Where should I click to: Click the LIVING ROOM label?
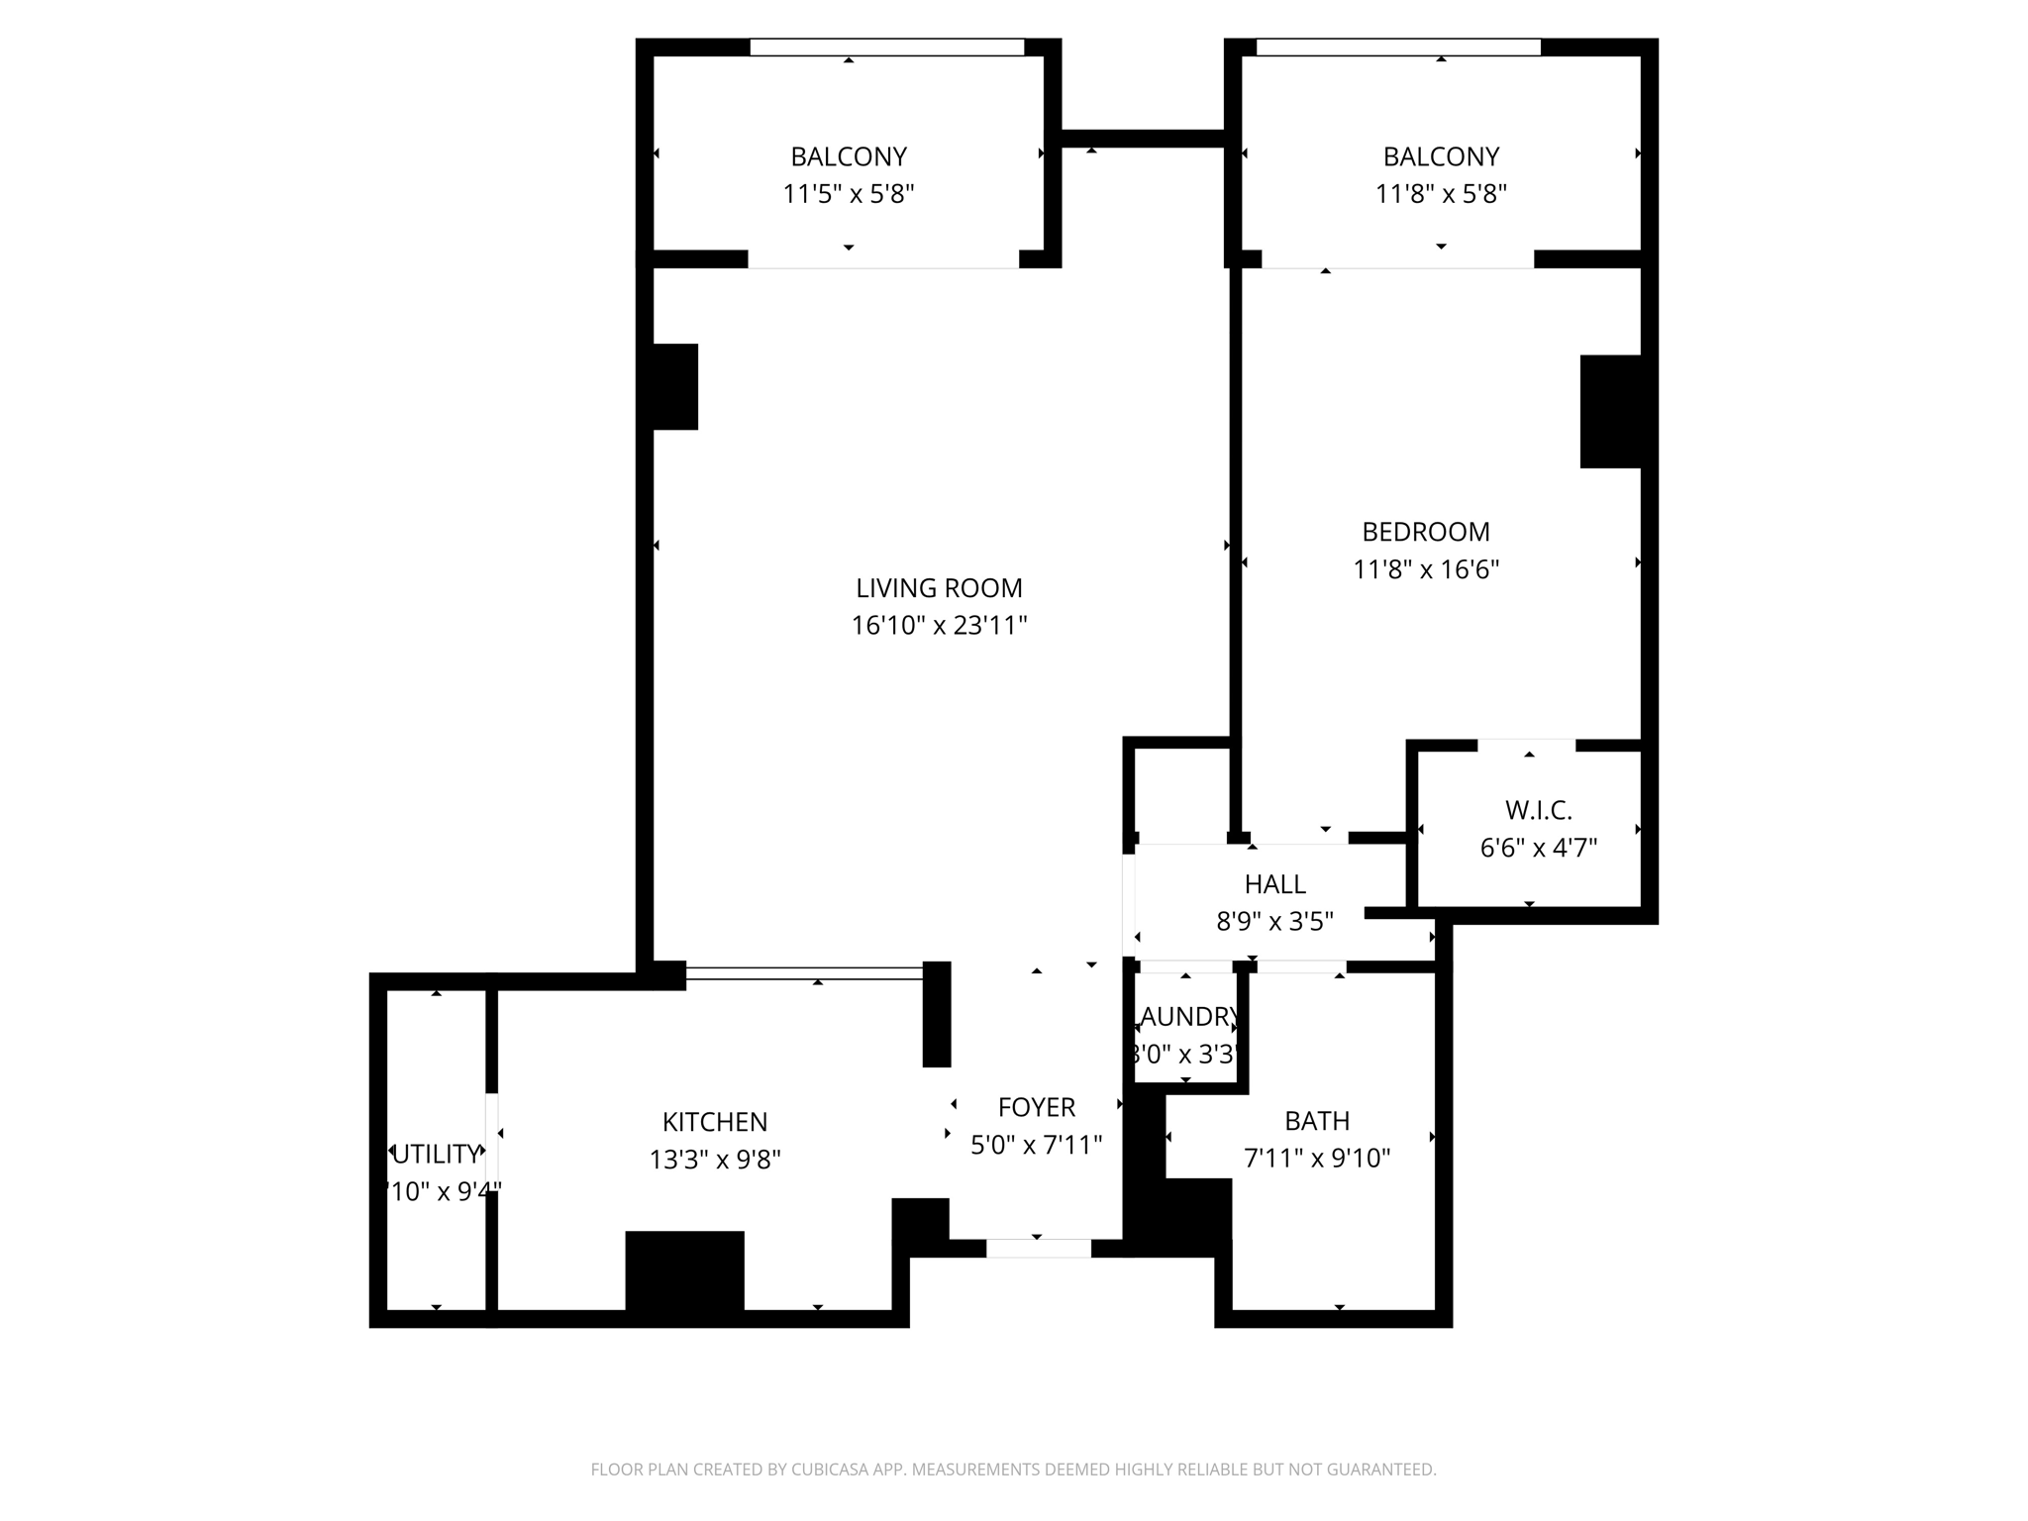coord(939,588)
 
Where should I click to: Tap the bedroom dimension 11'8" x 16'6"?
coord(1426,569)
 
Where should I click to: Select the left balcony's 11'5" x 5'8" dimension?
coord(848,194)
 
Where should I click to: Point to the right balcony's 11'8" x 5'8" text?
coord(1441,194)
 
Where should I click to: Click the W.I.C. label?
coord(1538,810)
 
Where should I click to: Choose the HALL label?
coord(1274,883)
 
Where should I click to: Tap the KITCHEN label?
coord(714,1122)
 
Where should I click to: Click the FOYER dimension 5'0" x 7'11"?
coord(1036,1145)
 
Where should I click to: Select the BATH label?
coord(1317,1121)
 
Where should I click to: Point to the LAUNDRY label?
coord(1186,1017)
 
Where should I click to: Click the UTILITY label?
coord(436,1154)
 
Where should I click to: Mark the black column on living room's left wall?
coord(675,386)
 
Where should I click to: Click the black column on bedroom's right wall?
coord(1610,411)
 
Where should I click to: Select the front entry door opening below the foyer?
coord(1038,1249)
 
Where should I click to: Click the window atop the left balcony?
coord(886,48)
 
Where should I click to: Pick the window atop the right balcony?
coord(1397,48)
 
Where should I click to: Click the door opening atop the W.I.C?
coord(1526,745)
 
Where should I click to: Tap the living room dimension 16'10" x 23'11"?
coord(939,626)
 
